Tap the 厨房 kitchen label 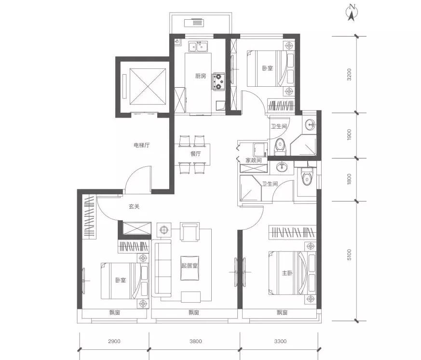201,76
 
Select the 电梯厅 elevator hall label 141,145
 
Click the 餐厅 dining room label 195,154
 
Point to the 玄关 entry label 134,207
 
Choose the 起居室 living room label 190,266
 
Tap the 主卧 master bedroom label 287,273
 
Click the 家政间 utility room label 254,160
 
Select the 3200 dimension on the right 349,75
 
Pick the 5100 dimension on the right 349,254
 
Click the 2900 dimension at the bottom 114,341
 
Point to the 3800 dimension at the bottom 196,341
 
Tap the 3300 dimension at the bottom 280,341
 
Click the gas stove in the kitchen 219,81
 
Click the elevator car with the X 148,87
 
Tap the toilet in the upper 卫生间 280,147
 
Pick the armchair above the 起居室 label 190,232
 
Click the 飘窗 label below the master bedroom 282,312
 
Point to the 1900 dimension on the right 349,134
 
